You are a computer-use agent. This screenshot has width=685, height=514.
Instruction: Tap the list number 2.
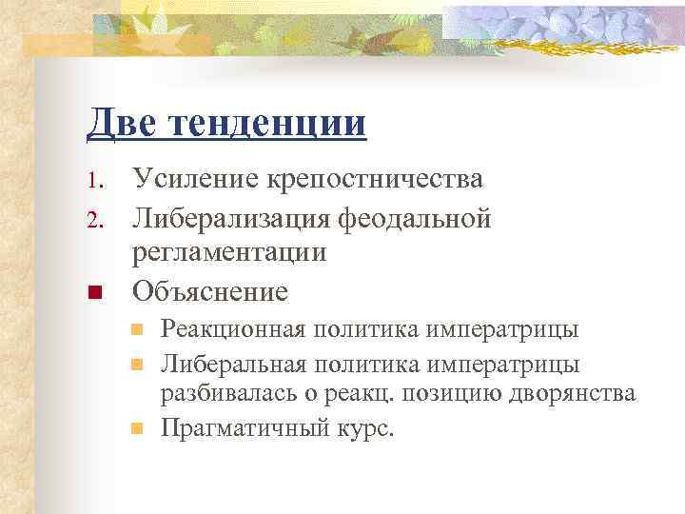[x=92, y=219]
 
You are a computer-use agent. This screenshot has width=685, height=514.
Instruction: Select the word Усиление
[x=187, y=179]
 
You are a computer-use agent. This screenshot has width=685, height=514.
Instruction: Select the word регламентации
[x=229, y=252]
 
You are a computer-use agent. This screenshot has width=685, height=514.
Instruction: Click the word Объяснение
[x=210, y=289]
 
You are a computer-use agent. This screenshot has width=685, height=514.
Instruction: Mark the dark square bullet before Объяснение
[x=93, y=291]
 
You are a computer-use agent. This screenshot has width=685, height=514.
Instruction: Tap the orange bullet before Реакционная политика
[x=137, y=330]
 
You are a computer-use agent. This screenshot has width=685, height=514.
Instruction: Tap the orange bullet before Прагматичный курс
[x=137, y=427]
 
